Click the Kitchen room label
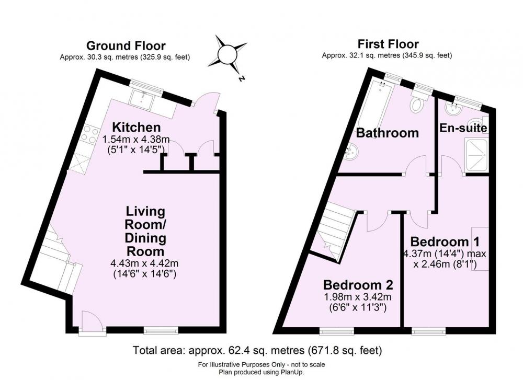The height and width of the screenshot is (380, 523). click(137, 128)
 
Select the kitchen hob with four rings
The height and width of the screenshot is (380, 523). click(90, 135)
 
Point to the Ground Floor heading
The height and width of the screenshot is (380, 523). click(126, 45)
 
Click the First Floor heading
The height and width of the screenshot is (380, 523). click(388, 44)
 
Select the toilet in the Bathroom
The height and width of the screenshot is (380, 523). click(417, 102)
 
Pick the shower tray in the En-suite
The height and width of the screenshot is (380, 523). click(477, 156)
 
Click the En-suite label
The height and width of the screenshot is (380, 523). click(463, 128)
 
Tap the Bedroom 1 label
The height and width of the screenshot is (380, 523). click(445, 241)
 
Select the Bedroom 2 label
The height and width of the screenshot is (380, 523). click(358, 285)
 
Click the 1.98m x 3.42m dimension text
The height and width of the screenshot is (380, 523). click(358, 296)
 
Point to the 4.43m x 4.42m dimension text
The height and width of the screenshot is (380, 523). click(144, 263)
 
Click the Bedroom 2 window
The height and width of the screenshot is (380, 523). click(337, 330)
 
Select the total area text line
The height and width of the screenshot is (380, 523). click(257, 351)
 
